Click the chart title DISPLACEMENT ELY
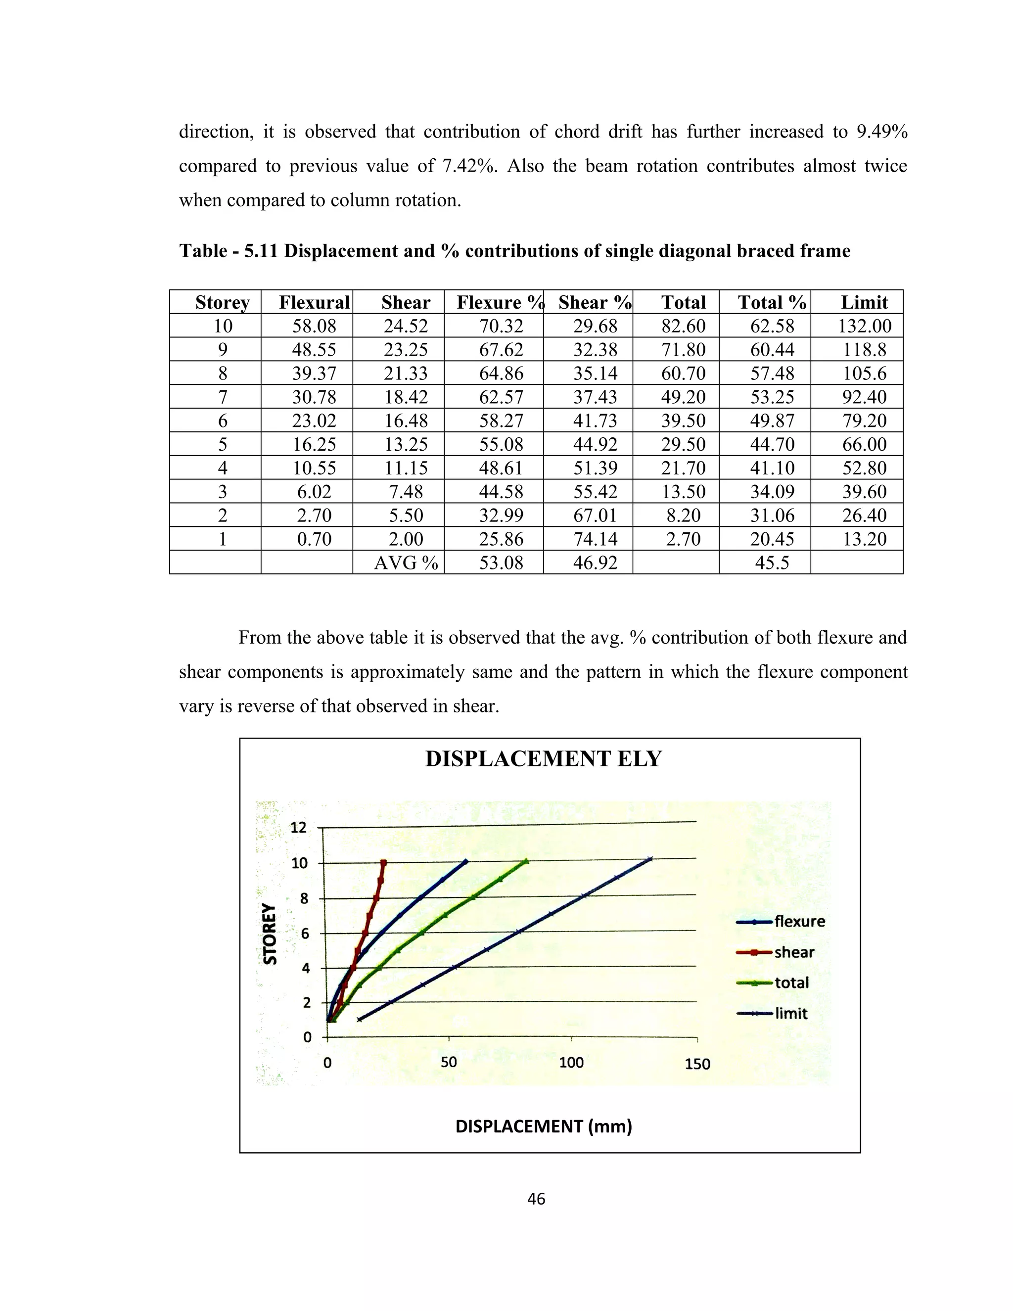click(x=543, y=759)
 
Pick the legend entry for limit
click(x=790, y=1013)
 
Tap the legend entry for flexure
click(x=799, y=922)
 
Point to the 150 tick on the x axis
click(x=697, y=1064)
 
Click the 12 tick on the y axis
click(x=298, y=828)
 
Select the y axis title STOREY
click(x=271, y=934)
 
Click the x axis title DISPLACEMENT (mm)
click(x=544, y=1126)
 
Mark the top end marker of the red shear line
click(x=383, y=863)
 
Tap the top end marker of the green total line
click(x=526, y=861)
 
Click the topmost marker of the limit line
click(x=650, y=859)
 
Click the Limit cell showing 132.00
click(x=864, y=326)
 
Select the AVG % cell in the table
click(x=406, y=562)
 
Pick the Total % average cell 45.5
click(x=772, y=562)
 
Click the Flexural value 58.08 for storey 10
click(x=314, y=326)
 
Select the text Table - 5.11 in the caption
click(x=229, y=250)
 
